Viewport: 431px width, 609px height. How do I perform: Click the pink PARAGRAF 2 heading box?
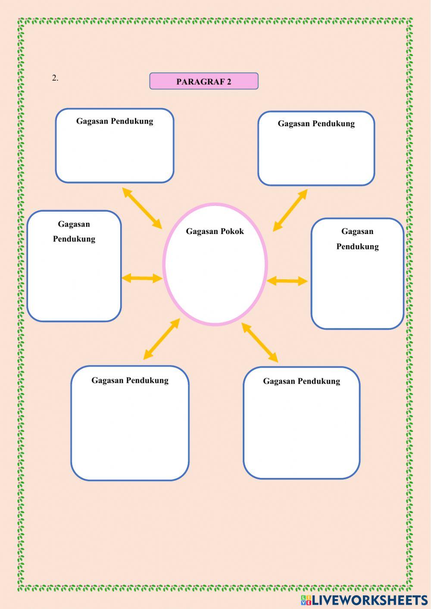(x=204, y=81)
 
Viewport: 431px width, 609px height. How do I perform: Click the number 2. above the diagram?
(x=55, y=78)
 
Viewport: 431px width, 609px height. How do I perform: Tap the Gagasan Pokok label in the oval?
(x=215, y=231)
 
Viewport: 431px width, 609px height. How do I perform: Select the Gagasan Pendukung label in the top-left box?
(x=115, y=121)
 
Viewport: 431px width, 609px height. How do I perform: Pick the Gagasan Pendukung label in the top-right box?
(x=316, y=124)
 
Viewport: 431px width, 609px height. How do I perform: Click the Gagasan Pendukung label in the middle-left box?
(x=74, y=231)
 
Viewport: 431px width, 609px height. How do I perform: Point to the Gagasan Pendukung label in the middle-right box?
(x=357, y=239)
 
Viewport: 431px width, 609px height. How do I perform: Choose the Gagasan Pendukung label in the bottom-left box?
(x=130, y=380)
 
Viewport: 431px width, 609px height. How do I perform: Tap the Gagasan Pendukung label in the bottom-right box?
(x=301, y=381)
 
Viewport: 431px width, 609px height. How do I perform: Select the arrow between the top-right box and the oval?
(x=290, y=210)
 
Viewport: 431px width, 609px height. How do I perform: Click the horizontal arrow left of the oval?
(x=142, y=278)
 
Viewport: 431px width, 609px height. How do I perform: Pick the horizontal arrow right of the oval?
(x=287, y=281)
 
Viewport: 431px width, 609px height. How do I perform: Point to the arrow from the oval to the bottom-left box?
(x=161, y=339)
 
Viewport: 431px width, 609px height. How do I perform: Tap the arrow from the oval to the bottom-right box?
(x=260, y=342)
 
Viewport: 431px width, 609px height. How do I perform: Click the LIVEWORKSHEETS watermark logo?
(x=364, y=600)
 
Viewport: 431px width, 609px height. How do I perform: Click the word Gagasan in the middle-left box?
(x=74, y=224)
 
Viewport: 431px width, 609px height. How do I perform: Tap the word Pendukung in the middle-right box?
(x=357, y=247)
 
